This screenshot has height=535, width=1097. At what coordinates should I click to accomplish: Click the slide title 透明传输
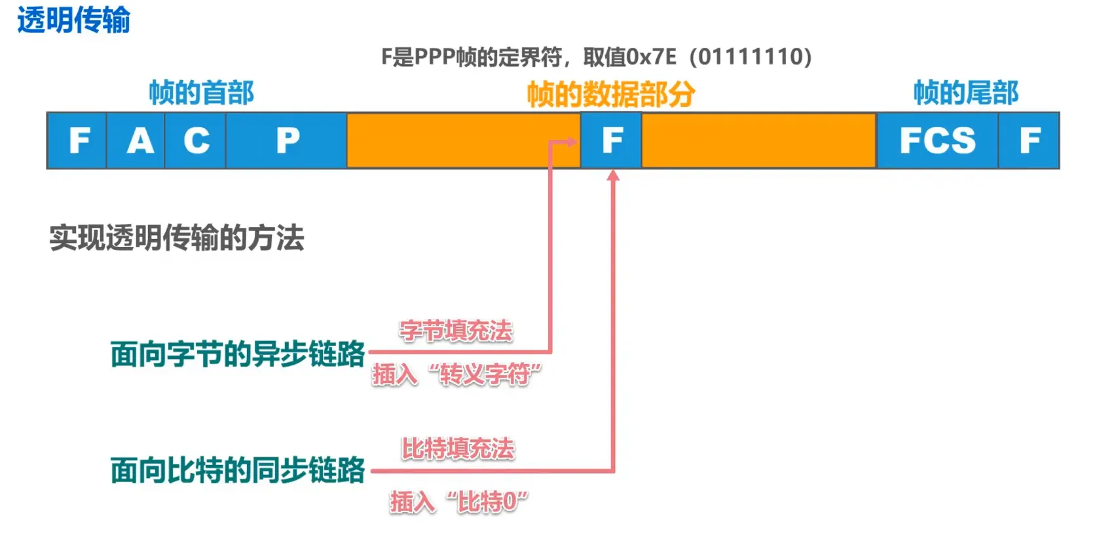[x=73, y=20]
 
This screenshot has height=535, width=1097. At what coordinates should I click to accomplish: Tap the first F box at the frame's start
[x=77, y=140]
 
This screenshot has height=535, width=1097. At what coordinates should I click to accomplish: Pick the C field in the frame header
[x=196, y=140]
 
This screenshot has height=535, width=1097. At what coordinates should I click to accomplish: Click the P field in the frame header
[x=287, y=140]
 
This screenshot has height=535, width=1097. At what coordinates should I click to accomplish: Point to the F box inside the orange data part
[x=611, y=140]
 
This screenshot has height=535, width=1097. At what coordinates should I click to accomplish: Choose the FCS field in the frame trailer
[x=937, y=140]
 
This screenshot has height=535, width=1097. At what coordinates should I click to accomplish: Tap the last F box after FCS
[x=1029, y=140]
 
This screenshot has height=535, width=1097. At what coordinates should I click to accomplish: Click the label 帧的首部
[x=201, y=93]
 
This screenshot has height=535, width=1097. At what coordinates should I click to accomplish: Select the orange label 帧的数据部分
[x=610, y=94]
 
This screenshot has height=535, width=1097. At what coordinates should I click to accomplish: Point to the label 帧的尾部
[x=966, y=93]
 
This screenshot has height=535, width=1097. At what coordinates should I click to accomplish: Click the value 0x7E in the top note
[x=652, y=57]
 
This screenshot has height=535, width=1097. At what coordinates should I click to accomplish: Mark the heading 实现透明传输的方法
[x=177, y=238]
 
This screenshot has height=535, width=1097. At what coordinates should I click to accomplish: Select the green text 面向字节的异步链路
[x=237, y=354]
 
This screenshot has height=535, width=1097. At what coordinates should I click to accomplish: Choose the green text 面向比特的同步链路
[x=237, y=470]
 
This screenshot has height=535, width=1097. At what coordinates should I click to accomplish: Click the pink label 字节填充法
[x=456, y=331]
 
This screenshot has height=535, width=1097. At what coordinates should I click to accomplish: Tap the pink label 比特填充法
[x=458, y=449]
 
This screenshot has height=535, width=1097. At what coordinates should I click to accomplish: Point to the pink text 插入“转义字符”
[x=456, y=375]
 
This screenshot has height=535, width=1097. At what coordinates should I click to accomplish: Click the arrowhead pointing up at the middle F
[x=613, y=175]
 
